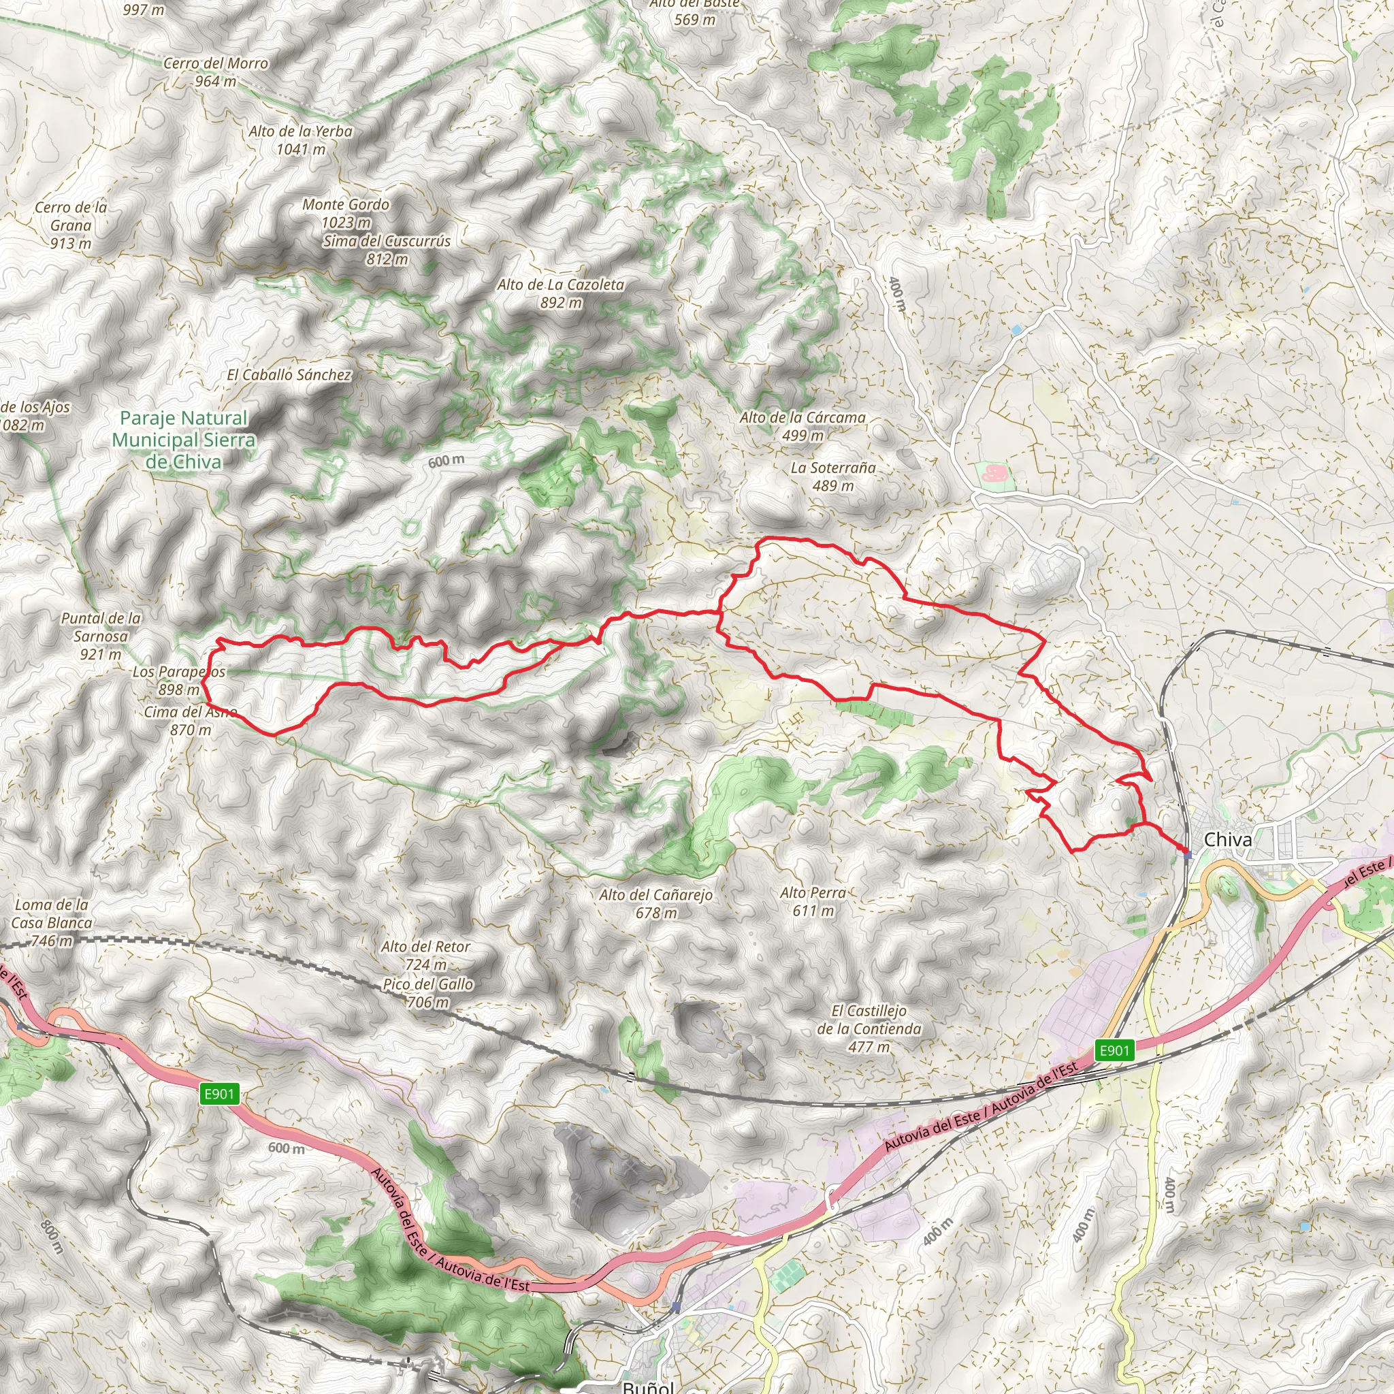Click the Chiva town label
(x=1228, y=840)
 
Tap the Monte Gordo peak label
(x=346, y=214)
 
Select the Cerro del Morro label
(x=216, y=72)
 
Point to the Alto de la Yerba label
(x=301, y=140)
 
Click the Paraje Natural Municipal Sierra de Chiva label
(x=184, y=440)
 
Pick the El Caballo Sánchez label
(x=289, y=375)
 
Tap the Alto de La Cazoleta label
(x=561, y=293)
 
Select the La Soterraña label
(x=833, y=476)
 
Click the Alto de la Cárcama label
(x=803, y=425)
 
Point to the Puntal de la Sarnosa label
(x=101, y=636)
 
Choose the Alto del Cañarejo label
(x=656, y=903)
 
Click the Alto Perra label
(x=813, y=901)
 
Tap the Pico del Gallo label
(x=428, y=993)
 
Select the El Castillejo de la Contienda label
(x=869, y=1028)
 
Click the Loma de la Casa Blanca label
(x=52, y=922)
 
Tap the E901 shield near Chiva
(x=1115, y=1050)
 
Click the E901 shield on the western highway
(x=219, y=1094)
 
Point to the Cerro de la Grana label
(x=71, y=225)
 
